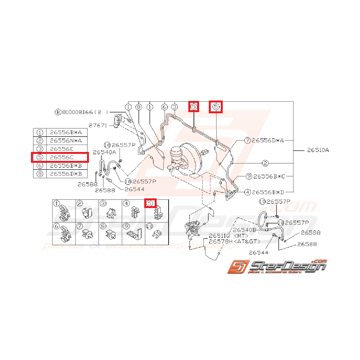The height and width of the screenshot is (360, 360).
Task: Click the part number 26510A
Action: click(x=318, y=150)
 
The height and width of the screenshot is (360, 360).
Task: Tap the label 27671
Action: click(x=97, y=125)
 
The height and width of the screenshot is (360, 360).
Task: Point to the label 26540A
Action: click(x=104, y=152)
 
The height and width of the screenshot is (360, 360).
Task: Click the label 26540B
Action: click(x=245, y=230)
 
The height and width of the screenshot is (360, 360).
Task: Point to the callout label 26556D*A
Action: click(x=268, y=140)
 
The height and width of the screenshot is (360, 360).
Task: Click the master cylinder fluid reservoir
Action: click(x=176, y=154)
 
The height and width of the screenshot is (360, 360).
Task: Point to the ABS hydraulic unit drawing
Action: click(x=193, y=231)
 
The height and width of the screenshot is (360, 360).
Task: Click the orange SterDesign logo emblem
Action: click(x=237, y=267)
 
